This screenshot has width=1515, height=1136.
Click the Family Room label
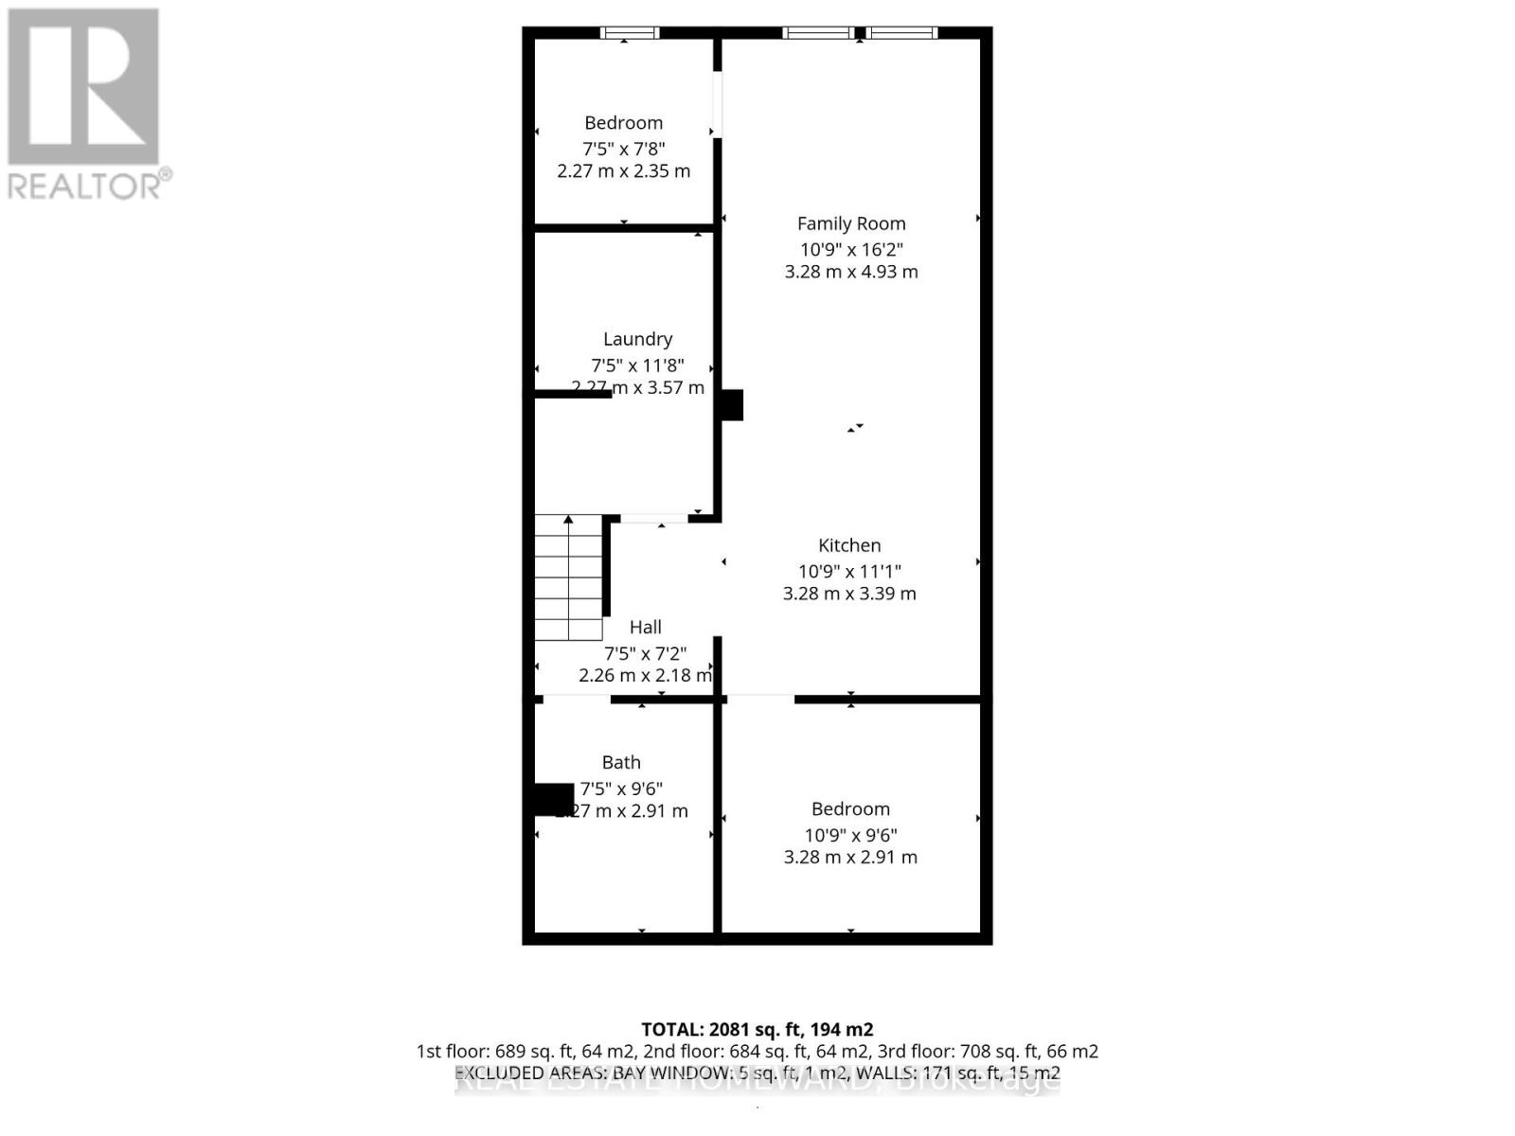(851, 223)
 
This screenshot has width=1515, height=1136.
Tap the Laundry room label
(637, 339)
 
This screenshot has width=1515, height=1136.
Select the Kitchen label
(849, 545)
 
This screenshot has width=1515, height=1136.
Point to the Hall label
(645, 627)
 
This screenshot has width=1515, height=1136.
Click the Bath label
(621, 762)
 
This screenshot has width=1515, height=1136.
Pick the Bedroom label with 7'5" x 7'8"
(623, 123)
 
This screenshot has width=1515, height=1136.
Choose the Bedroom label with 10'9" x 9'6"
(850, 809)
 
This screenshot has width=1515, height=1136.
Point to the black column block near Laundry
(732, 405)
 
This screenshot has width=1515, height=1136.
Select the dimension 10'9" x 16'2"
(851, 250)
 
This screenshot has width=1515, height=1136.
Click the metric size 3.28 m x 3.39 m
(849, 594)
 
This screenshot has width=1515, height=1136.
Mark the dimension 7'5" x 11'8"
(637, 365)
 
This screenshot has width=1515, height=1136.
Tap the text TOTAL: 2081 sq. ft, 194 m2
(757, 1029)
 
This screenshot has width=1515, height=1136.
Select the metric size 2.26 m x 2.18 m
(645, 675)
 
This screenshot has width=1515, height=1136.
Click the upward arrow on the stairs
(569, 520)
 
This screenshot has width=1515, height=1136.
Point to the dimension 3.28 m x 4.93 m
(851, 272)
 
